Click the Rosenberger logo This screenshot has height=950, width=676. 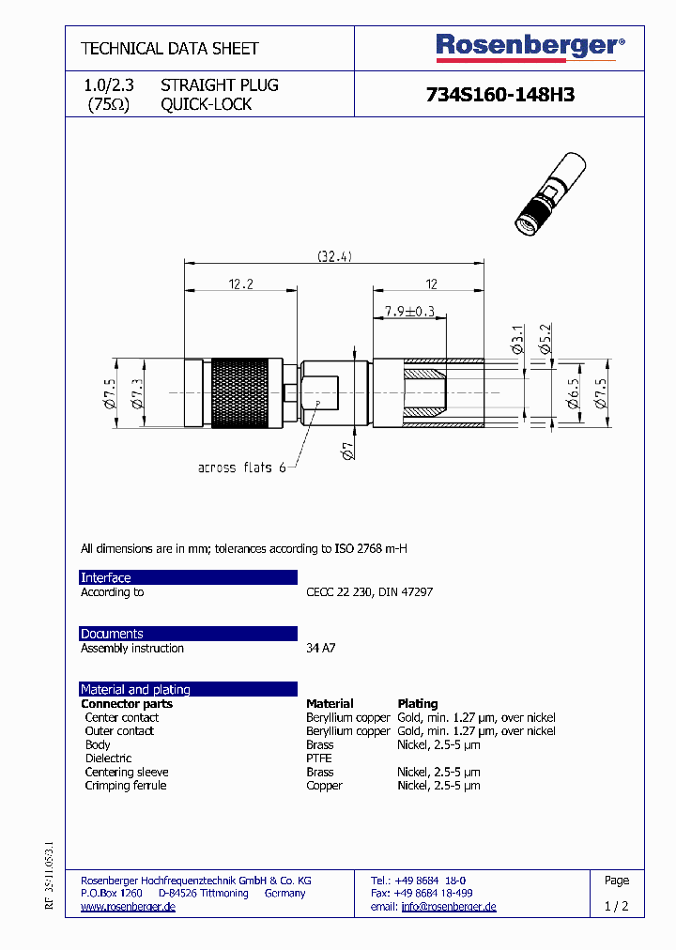[x=529, y=47]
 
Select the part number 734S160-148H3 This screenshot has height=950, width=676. [x=499, y=95]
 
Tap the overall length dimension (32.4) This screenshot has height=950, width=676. [x=334, y=256]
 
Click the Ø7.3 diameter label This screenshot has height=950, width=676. [x=137, y=392]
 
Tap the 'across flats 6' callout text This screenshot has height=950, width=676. [x=241, y=467]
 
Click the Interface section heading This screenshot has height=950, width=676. [x=106, y=577]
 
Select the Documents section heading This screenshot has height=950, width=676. [x=112, y=634]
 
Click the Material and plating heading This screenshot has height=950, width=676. [x=135, y=689]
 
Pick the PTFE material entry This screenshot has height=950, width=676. [x=319, y=758]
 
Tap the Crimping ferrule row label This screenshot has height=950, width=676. [x=126, y=786]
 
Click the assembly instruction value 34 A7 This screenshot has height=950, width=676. [x=320, y=649]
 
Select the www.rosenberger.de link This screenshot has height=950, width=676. [x=128, y=907]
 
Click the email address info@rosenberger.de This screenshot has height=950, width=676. [x=449, y=907]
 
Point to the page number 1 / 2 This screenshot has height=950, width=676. [x=617, y=907]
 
